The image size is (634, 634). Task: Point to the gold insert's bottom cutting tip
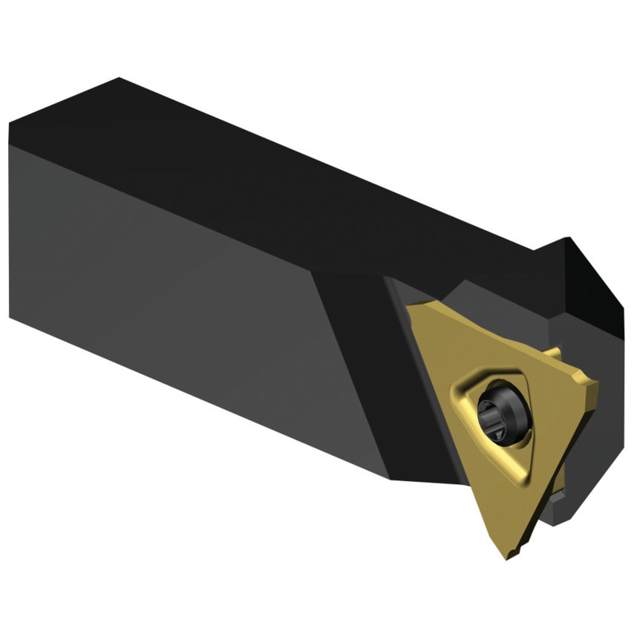(509, 553)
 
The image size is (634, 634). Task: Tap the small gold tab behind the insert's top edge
(552, 351)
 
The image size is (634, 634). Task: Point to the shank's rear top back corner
(119, 79)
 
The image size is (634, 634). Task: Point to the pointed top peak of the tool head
(567, 239)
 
